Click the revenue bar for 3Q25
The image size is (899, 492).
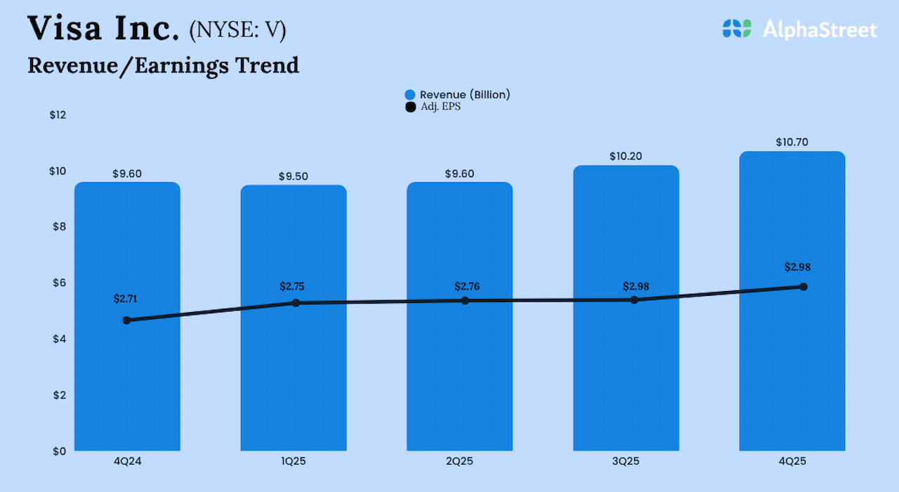626,365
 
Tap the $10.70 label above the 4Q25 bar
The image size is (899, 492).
792,142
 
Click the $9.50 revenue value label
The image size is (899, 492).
294,176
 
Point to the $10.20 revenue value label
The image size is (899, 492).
626,156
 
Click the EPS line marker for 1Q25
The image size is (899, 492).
296,303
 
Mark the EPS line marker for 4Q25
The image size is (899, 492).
803,287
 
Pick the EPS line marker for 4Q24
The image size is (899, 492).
126,321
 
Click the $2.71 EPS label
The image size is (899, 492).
126,299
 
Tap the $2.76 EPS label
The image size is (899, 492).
467,286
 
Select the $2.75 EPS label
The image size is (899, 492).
291,286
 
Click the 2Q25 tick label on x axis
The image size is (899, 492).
459,462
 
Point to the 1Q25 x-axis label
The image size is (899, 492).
294,462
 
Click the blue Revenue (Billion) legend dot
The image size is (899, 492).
410,95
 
